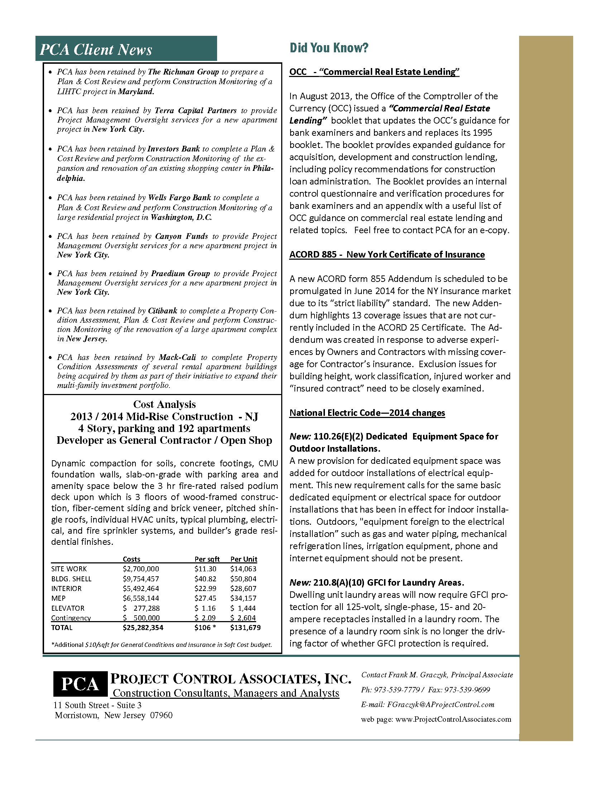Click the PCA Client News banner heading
coord(96,49)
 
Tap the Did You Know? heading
coord(329,48)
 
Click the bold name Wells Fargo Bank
coord(179,198)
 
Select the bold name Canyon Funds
coord(182,236)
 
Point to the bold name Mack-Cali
coord(177,357)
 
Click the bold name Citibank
coord(163,311)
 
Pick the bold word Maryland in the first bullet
coord(136,92)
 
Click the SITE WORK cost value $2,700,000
coord(141,569)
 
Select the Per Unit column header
coord(244,559)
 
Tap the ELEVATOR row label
coord(68,608)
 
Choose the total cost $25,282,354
coord(143,628)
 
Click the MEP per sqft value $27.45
coord(205,598)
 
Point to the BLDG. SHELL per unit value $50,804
coord(243,579)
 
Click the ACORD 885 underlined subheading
coord(387,255)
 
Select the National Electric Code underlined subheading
coord(367,413)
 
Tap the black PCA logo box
coord(80,684)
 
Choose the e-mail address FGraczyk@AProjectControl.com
coord(441,705)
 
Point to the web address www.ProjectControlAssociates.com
coord(453,720)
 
